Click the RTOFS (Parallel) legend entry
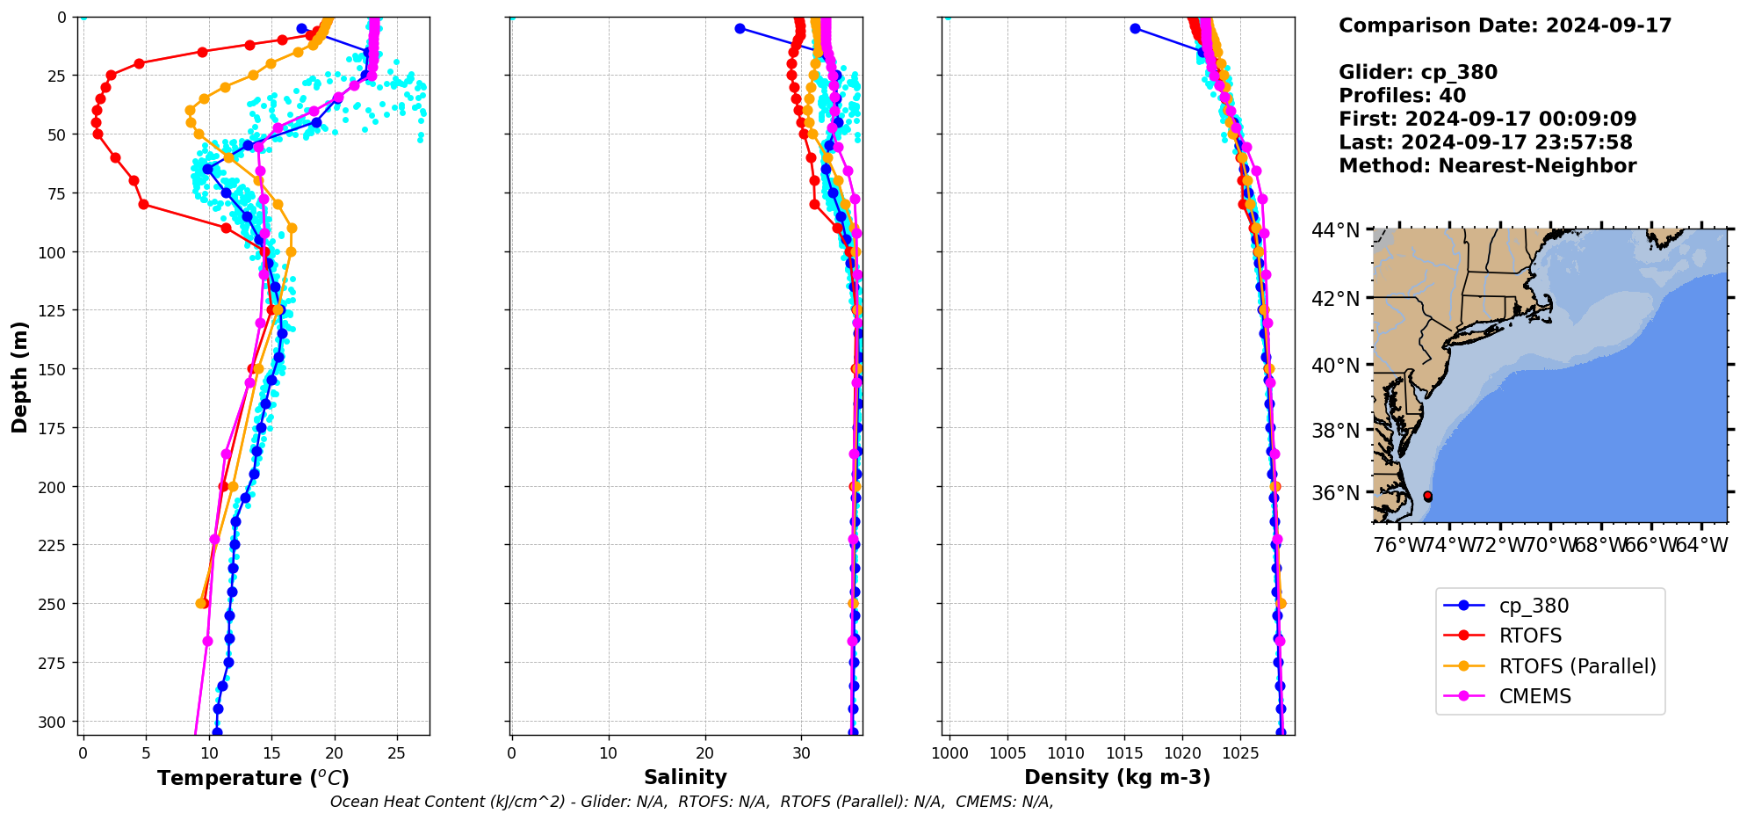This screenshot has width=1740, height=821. pyautogui.click(x=1577, y=666)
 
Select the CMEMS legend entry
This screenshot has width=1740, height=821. pyautogui.click(x=1534, y=696)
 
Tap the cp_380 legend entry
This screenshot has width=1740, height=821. pyautogui.click(x=1533, y=606)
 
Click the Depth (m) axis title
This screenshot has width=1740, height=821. pyautogui.click(x=19, y=377)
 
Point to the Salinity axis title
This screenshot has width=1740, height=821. pyautogui.click(x=685, y=778)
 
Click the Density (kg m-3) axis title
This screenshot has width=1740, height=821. pyautogui.click(x=1117, y=778)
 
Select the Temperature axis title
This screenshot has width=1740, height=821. pyautogui.click(x=253, y=779)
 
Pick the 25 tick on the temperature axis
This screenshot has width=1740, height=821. pyautogui.click(x=397, y=753)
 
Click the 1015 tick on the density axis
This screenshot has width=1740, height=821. pyautogui.click(x=1124, y=753)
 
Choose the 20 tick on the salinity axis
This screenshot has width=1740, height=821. pyautogui.click(x=704, y=753)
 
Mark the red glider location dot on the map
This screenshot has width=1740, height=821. pyautogui.click(x=1427, y=497)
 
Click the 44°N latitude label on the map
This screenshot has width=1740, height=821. pyautogui.click(x=1335, y=230)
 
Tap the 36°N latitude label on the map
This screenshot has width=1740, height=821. pyautogui.click(x=1335, y=493)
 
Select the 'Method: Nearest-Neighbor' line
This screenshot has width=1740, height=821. pyautogui.click(x=1487, y=166)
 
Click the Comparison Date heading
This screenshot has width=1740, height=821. pyautogui.click(x=1505, y=25)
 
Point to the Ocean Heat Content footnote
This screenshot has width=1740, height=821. pyautogui.click(x=691, y=802)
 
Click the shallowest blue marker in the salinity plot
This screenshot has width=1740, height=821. pyautogui.click(x=740, y=28)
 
